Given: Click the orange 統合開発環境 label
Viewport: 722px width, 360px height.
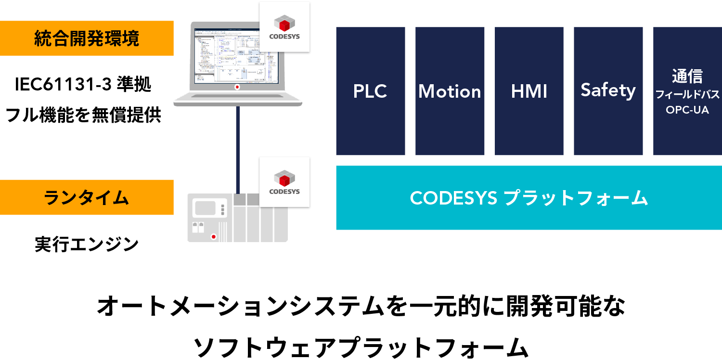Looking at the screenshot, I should (x=87, y=38).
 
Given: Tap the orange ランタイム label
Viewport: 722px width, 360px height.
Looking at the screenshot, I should (x=87, y=197).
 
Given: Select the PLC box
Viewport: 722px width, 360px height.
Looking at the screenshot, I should (x=370, y=91).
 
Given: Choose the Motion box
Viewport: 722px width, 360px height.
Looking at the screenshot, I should (x=450, y=91).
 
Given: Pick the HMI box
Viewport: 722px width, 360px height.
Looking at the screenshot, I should (x=529, y=91).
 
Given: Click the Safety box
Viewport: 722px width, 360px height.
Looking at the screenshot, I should (x=608, y=91).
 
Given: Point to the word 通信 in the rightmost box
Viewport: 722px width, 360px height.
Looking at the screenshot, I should (x=687, y=77).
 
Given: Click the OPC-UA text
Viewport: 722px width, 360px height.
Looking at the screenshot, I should (x=687, y=110).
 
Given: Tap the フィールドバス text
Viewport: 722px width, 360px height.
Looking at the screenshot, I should (x=687, y=94).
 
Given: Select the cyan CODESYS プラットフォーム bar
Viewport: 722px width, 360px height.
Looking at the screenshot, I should (x=529, y=198).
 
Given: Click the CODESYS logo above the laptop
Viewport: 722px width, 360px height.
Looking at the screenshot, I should (x=284, y=26).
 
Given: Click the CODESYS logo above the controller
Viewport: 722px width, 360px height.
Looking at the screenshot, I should (x=284, y=182).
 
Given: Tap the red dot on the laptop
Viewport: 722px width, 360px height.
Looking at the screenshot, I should (x=237, y=87).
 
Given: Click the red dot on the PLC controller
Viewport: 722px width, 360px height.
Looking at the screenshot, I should (x=213, y=237).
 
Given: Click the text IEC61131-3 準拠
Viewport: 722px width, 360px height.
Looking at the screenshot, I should (x=83, y=86).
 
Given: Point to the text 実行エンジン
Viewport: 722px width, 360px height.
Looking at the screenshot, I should (x=87, y=244).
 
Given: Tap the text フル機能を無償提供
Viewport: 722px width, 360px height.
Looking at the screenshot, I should (x=83, y=116).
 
